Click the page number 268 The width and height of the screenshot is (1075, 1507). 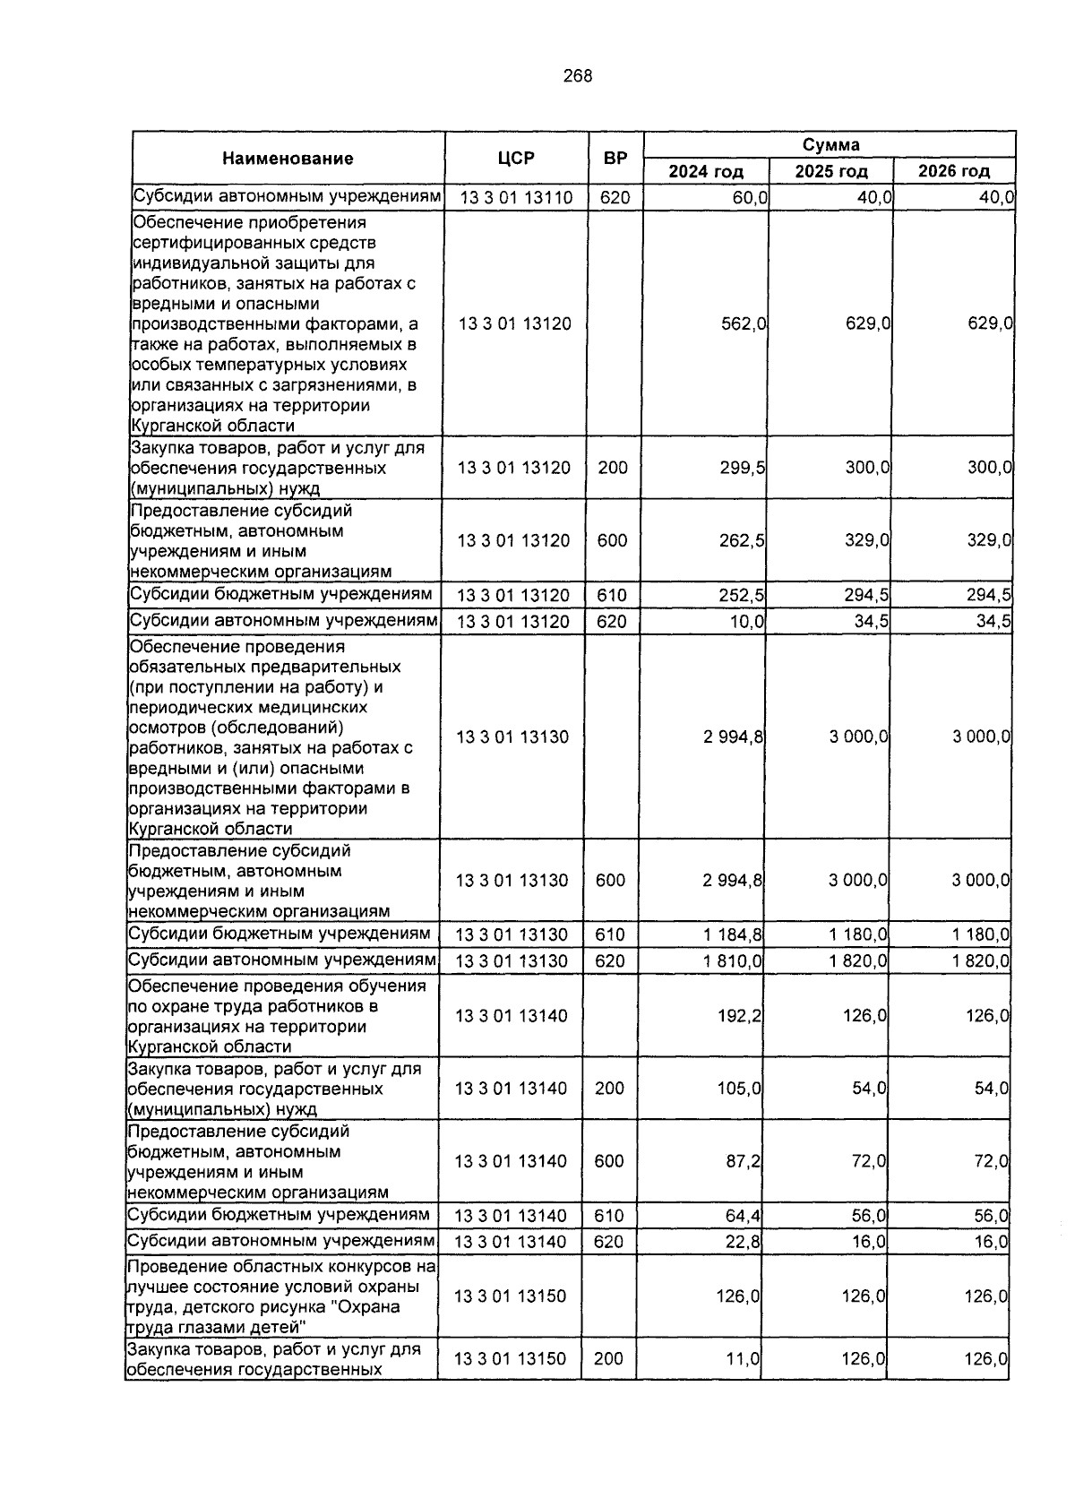tap(578, 76)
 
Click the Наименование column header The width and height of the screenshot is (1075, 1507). tap(288, 159)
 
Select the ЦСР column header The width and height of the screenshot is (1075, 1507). tap(516, 159)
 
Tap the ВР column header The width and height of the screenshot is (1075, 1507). tap(615, 159)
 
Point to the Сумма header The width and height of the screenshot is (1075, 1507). tap(830, 144)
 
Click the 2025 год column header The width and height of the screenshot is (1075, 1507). tap(830, 171)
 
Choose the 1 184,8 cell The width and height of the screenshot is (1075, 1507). tap(733, 934)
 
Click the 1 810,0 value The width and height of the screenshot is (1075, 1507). tap(733, 961)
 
